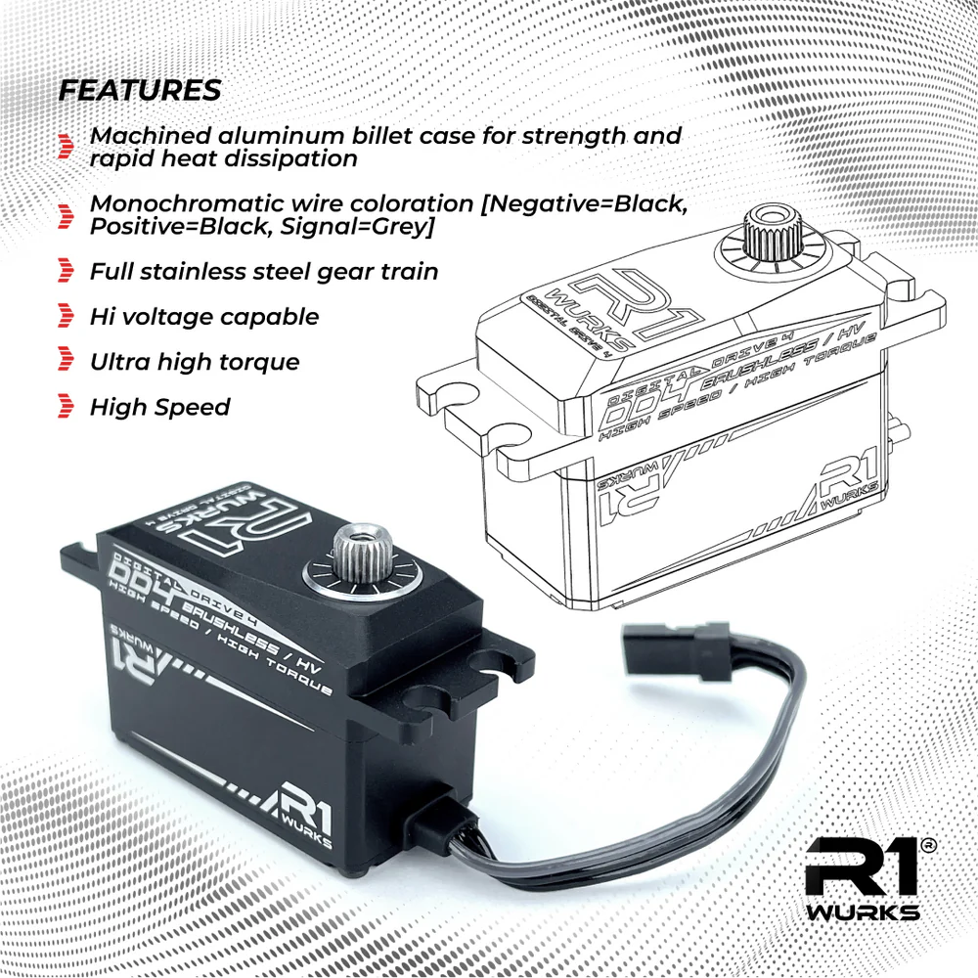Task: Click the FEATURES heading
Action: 140,90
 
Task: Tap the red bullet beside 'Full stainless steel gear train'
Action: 66,271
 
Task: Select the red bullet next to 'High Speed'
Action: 66,406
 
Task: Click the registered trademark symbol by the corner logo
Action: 928,845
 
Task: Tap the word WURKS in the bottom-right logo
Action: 863,913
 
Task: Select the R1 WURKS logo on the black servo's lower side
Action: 300,812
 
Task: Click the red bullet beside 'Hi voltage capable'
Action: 66,316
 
